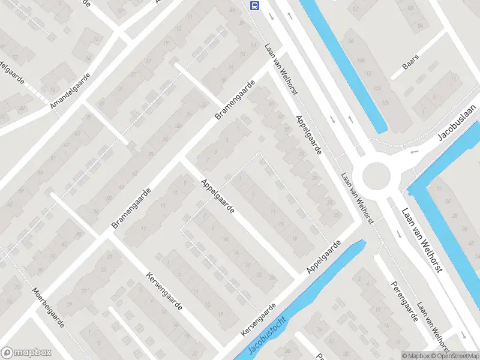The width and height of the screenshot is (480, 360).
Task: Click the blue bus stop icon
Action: (x=255, y=6)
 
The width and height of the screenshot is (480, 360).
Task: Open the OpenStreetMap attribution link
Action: (x=455, y=356)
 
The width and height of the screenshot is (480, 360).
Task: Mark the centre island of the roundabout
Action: (x=376, y=175)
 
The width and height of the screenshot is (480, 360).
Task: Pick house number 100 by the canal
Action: (x=361, y=60)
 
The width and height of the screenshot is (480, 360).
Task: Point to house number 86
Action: (x=350, y=41)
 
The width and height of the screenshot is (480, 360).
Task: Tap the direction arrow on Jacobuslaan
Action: (x=414, y=151)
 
